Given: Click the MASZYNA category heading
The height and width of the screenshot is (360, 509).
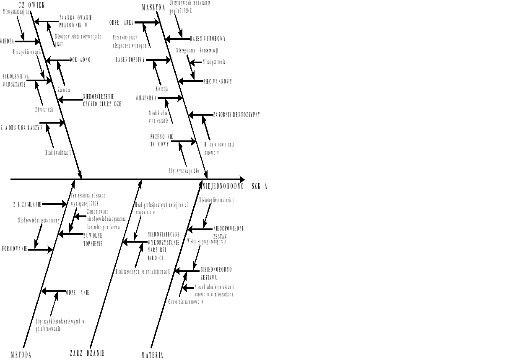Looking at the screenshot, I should pos(153,8).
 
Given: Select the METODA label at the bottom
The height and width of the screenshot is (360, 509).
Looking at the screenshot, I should pos(21,355).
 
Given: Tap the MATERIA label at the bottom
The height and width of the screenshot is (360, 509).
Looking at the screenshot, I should pos(152,355).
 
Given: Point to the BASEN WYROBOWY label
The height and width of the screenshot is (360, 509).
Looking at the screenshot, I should pos(208,39).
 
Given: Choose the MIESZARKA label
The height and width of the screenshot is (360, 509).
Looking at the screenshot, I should pos(146,98).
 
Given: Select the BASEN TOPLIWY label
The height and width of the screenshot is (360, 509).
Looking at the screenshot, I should pos(130,60).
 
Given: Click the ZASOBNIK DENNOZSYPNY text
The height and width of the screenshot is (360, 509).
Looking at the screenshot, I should pos(236,114).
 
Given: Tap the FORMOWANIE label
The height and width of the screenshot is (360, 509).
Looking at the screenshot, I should pos(14,249).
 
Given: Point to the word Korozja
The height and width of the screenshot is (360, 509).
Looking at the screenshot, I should pos(161,89).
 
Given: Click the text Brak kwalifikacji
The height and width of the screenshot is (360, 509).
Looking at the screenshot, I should pos(57,153).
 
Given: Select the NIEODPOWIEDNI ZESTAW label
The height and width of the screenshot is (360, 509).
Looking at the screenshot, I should pos(228,232).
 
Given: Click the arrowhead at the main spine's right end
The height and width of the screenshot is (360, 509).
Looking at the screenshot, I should pos(242,179).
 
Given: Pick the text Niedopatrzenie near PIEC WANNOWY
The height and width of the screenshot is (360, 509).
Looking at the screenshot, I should pos(214,62).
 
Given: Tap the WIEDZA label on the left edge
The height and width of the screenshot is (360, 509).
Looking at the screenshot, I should pos(7,41).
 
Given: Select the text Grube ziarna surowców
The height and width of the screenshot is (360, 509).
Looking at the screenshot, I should pos(186,301).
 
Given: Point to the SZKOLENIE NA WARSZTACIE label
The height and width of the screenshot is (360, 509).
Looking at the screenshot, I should pos(16,80).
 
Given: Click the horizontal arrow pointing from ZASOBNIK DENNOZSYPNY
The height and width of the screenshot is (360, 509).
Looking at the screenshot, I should pos(201,115).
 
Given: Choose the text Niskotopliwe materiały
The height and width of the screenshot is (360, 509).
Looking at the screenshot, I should pos(216,200).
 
